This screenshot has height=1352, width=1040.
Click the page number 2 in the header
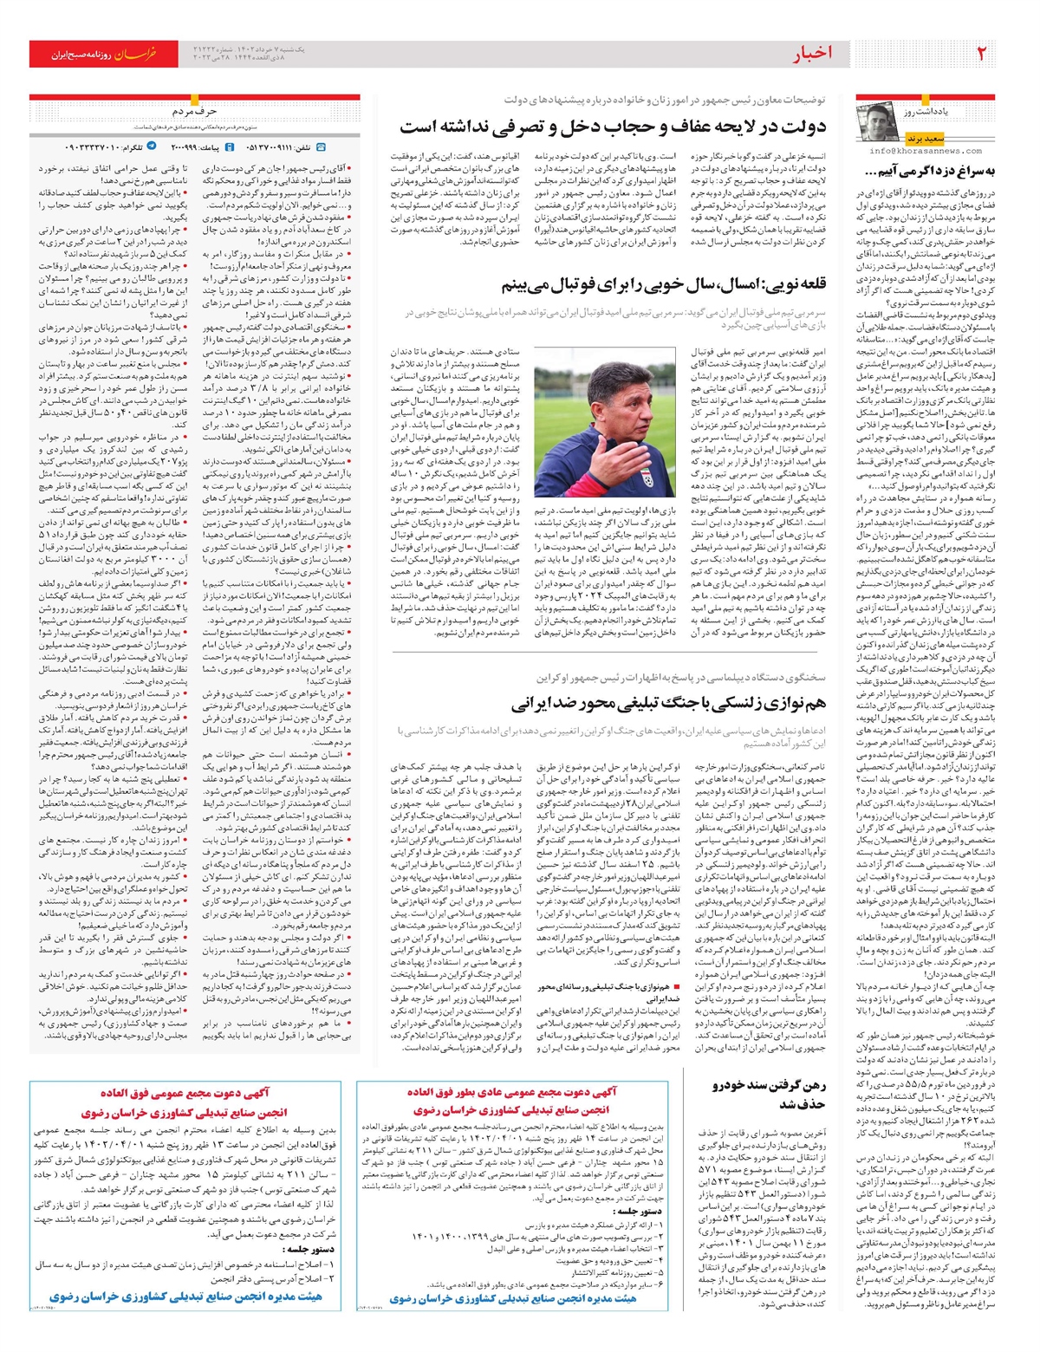point(982,53)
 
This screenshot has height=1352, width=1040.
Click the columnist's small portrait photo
point(879,120)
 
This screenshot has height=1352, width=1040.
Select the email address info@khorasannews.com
point(925,150)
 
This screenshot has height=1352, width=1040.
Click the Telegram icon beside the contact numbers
point(153,147)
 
